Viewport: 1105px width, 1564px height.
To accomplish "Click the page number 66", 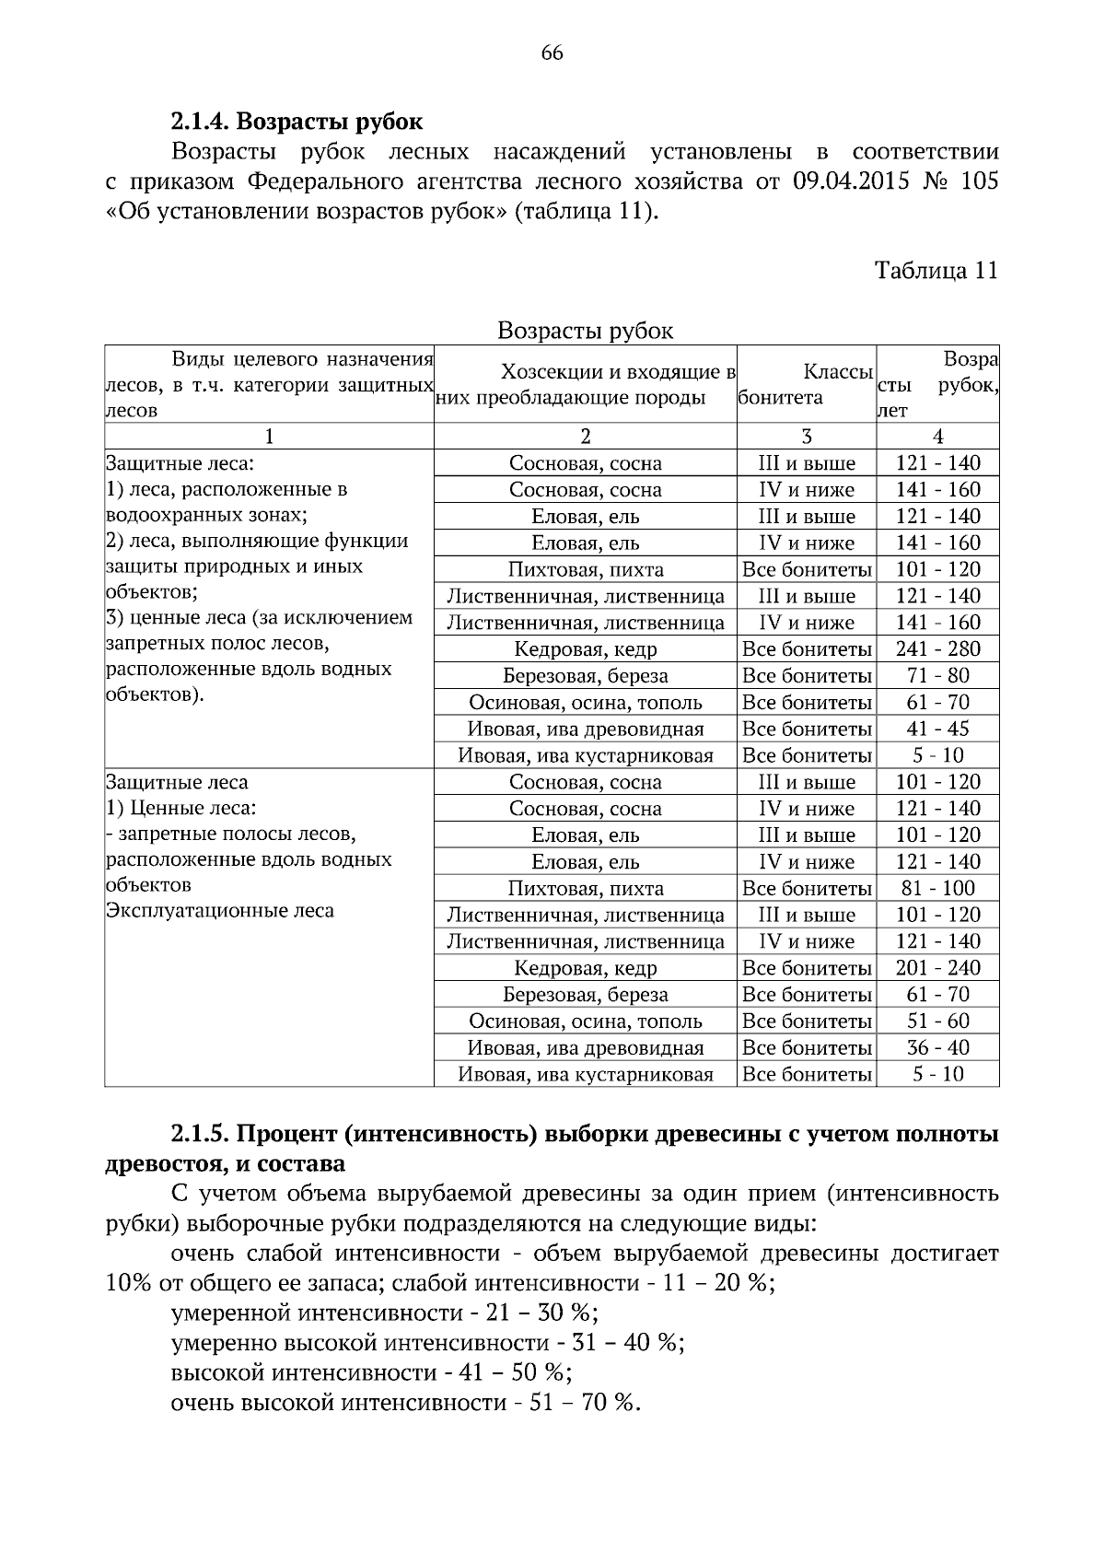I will click(x=552, y=53).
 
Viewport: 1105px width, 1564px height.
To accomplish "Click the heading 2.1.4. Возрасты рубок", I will click(x=297, y=122).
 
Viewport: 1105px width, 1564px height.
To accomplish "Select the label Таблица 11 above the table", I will click(x=936, y=271).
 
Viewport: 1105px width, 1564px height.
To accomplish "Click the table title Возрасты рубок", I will click(x=585, y=331).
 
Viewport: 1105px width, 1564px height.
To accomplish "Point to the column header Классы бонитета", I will click(x=807, y=385).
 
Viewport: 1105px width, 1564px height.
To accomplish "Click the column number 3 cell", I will click(x=807, y=437).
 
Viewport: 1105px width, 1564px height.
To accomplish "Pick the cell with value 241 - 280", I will click(x=937, y=649).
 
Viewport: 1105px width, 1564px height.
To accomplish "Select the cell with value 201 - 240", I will click(x=937, y=968).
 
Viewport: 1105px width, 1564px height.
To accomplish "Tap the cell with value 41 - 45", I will click(x=937, y=729).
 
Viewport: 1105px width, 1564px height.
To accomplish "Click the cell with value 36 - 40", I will click(x=937, y=1048).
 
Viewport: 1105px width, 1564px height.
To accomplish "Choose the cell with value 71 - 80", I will click(x=937, y=676).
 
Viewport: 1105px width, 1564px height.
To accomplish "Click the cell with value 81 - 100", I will click(x=937, y=889).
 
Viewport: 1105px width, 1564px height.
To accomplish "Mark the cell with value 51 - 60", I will click(x=937, y=1021).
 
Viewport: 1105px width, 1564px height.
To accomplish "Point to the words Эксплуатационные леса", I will click(x=219, y=911).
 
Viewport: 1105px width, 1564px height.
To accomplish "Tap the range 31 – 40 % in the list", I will click(x=627, y=1342).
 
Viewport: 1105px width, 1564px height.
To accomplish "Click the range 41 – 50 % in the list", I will click(x=516, y=1372).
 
